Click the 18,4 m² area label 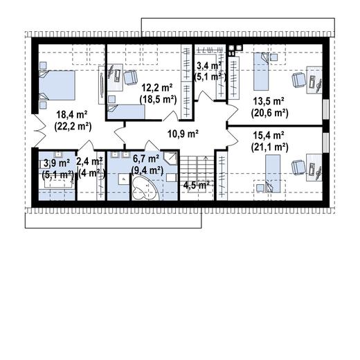click(72, 115)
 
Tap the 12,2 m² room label click(157, 88)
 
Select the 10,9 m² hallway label click(183, 134)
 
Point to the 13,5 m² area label click(269, 101)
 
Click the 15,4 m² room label click(269, 136)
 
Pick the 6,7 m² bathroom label click(146, 159)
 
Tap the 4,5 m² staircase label click(197, 185)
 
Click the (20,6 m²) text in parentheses click(269, 114)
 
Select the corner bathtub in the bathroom click(145, 188)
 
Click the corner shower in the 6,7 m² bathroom click(170, 158)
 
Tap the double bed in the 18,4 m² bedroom click(57, 85)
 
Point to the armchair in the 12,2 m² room click(130, 78)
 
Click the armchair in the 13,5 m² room click(299, 80)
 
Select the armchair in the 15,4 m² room click(299, 168)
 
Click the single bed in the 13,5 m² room click(261, 71)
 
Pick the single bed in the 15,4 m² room click(273, 174)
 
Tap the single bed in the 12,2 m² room click(126, 112)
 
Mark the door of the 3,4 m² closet click(206, 96)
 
